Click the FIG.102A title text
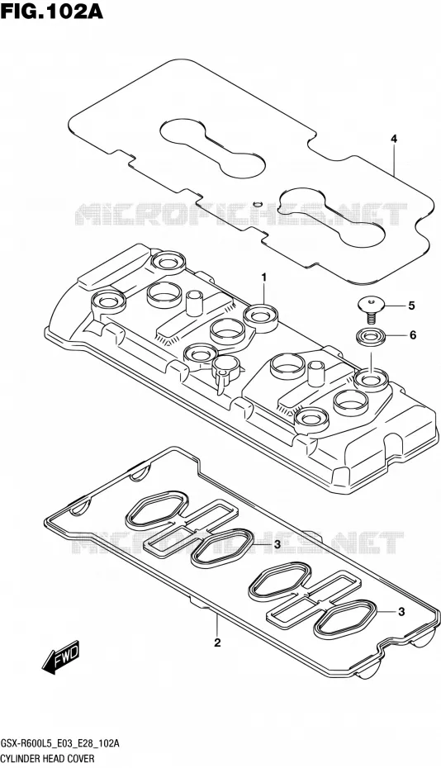pos(52,11)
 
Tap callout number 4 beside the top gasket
pos(394,139)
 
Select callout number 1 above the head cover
pos(263,277)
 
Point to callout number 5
pos(411,306)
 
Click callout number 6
pos(413,335)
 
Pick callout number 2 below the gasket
pos(217,642)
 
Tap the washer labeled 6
pos(370,336)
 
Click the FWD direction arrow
pos(60,657)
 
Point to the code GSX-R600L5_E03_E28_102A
pos(59,743)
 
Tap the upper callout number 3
pos(277,544)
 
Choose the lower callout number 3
pos(401,611)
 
